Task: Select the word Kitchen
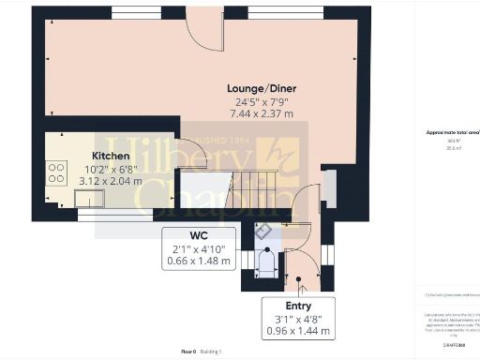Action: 111,156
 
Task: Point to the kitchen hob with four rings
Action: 56,172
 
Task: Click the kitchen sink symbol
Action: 94,196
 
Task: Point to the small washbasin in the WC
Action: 263,232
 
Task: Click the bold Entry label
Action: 298,306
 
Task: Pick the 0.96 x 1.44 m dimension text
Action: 298,331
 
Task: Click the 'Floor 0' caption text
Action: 187,352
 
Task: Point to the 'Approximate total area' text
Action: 445,134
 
